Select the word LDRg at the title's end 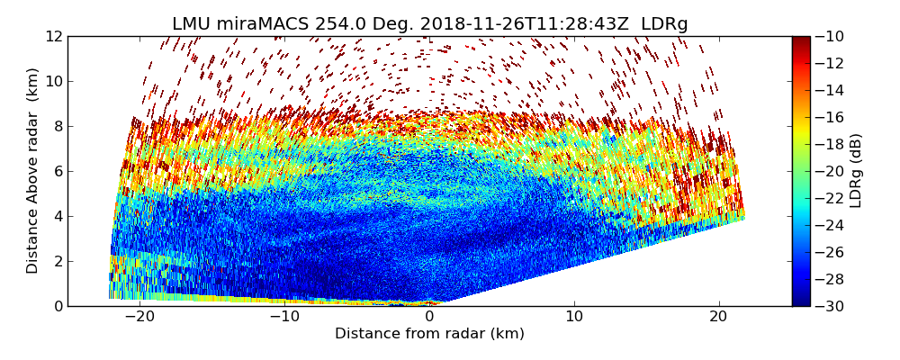tap(664, 24)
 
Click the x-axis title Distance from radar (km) tap(429, 334)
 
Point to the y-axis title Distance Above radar tap(33, 171)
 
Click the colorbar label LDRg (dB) tap(856, 171)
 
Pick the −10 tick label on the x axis tap(283, 317)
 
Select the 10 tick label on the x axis tap(574, 317)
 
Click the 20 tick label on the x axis tap(718, 317)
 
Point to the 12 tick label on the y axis tap(54, 36)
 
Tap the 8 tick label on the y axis tap(58, 126)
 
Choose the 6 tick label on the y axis tap(58, 171)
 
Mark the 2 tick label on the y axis tap(58, 261)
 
